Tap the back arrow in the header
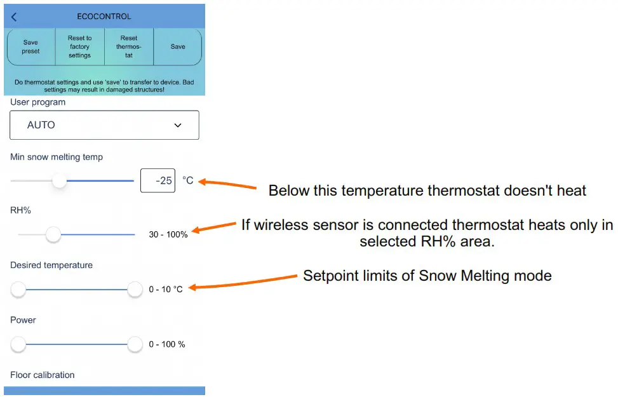click(14, 17)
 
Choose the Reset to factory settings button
click(80, 47)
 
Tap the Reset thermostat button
click(129, 47)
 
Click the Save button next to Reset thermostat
click(178, 46)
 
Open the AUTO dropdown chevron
click(178, 126)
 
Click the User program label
click(37, 102)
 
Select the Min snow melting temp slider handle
click(59, 181)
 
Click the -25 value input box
click(158, 180)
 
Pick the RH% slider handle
click(53, 235)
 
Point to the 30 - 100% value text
click(168, 235)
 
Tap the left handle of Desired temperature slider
click(18, 290)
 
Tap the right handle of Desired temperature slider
click(135, 290)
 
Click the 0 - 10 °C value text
click(166, 290)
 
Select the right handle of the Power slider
click(135, 344)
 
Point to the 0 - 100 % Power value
click(167, 344)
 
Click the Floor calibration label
click(43, 375)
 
